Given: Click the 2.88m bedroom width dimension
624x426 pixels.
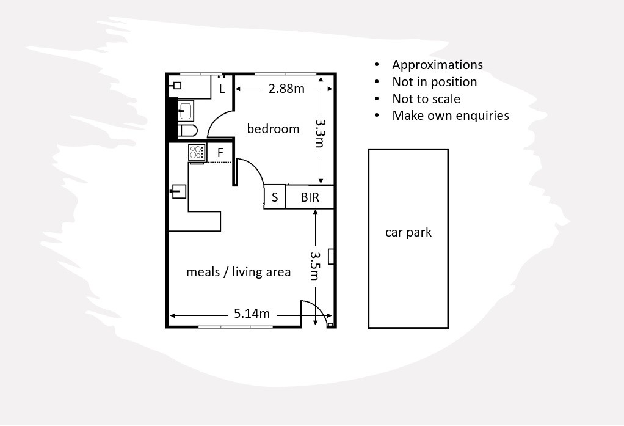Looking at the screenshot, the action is tap(286, 89).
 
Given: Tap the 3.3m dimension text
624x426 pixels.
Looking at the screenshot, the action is tap(320, 133).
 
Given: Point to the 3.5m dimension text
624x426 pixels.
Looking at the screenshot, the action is tap(315, 265).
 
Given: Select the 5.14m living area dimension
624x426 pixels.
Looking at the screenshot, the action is tap(252, 314).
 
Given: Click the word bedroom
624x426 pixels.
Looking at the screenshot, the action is tap(273, 129).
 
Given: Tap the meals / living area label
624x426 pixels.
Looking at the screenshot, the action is tap(238, 272).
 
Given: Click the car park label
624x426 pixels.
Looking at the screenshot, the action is tap(408, 232).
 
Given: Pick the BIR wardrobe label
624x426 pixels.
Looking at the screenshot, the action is tap(310, 197).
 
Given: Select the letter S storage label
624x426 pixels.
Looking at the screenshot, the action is tap(275, 197).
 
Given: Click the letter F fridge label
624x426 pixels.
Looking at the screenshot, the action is tap(220, 153).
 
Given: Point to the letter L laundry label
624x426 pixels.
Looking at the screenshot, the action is tap(222, 89).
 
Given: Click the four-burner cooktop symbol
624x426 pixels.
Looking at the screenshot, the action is tap(197, 152).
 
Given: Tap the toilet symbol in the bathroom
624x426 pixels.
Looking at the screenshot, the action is tap(187, 130).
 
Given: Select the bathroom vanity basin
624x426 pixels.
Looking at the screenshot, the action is tap(186, 111).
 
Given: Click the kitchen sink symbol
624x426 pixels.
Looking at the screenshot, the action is tap(178, 191).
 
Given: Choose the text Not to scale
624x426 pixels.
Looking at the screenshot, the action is tap(426, 98).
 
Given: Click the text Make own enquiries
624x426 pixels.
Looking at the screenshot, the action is tap(451, 116).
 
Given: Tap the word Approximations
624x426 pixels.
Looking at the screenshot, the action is tap(437, 65).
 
